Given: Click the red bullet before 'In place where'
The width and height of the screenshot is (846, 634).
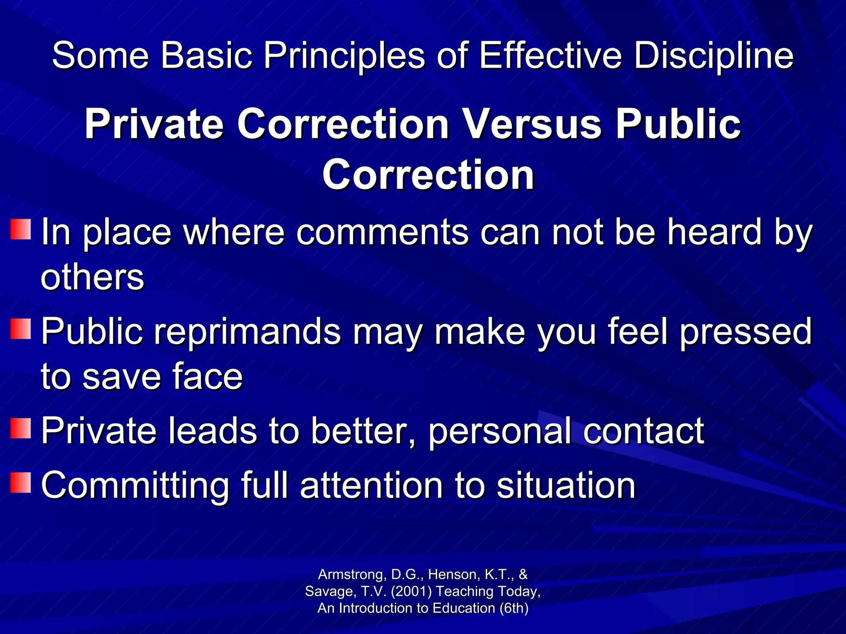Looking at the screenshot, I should [x=21, y=229].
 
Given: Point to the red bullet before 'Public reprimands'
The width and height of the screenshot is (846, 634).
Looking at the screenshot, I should [x=21, y=329].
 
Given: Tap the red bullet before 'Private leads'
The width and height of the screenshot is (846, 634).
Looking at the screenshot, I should [x=21, y=428].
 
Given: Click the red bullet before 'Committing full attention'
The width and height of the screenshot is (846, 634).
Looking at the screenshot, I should [x=21, y=483].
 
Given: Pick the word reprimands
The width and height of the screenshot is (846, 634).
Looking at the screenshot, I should [x=247, y=332].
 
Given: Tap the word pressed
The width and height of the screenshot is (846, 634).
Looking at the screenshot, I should [x=746, y=332].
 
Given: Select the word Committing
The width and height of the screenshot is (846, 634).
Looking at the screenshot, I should [x=135, y=486].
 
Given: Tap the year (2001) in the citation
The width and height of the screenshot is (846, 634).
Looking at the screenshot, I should [x=411, y=591].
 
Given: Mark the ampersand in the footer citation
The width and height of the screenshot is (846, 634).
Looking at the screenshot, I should [x=523, y=574].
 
